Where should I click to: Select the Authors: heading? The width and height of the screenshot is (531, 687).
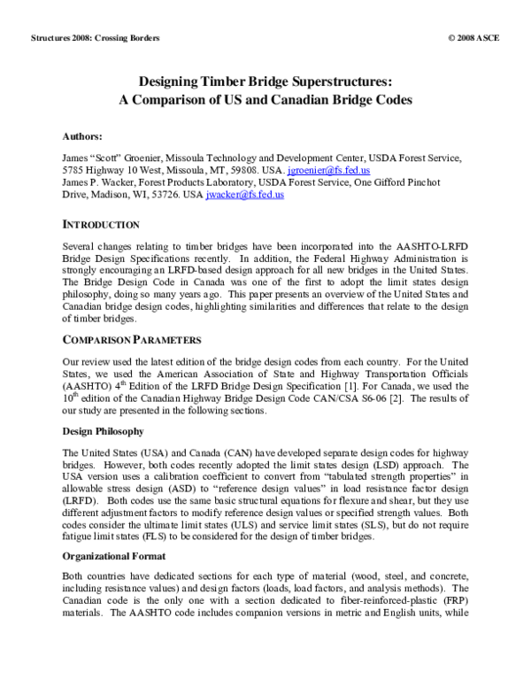click(82, 137)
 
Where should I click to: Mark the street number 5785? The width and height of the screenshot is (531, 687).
click(77, 168)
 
